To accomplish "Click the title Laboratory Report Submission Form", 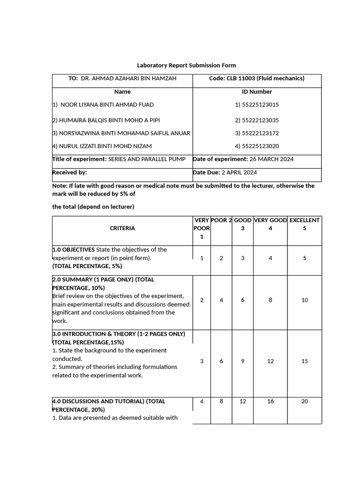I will [186, 65].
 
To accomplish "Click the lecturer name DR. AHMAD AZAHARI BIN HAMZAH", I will [128, 78].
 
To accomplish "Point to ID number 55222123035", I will [257, 120].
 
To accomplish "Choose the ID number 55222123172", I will [257, 133].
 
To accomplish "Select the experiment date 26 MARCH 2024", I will [271, 159].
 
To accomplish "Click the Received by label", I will [70, 172].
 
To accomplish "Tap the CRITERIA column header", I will [122, 228].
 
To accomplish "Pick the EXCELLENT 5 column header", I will [305, 224].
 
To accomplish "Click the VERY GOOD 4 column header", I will [270, 224].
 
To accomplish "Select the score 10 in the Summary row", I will [305, 300].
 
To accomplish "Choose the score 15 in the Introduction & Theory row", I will [305, 361].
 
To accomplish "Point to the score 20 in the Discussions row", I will [305, 401].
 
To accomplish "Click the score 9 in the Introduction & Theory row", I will [242, 361].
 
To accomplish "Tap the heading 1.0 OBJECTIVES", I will [74, 249].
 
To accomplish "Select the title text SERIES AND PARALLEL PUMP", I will [147, 159].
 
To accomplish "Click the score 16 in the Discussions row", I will [270, 401].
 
